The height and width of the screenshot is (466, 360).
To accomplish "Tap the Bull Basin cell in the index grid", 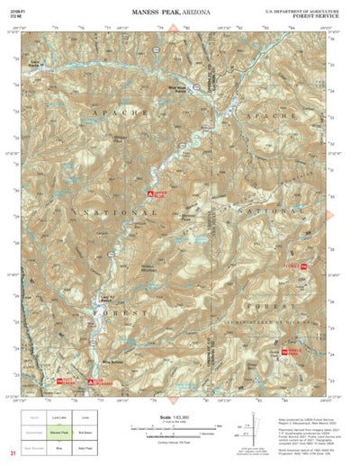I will [87, 431].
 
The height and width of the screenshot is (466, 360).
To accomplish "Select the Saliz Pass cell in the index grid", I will [87, 444].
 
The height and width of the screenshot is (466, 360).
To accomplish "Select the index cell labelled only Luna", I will [87, 418].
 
